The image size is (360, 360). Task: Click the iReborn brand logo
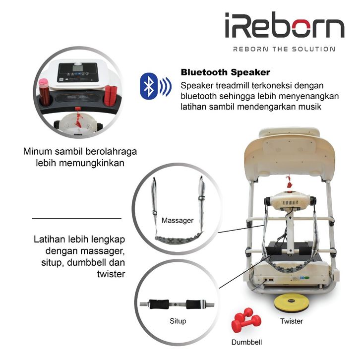[284, 27]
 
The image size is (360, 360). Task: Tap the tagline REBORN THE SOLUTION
[284, 49]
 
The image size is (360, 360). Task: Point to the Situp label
[178, 321]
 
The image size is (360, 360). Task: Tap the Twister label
[292, 321]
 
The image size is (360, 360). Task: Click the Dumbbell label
[246, 342]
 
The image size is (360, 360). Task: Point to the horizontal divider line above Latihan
[76, 218]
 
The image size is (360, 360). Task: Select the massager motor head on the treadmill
[290, 201]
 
